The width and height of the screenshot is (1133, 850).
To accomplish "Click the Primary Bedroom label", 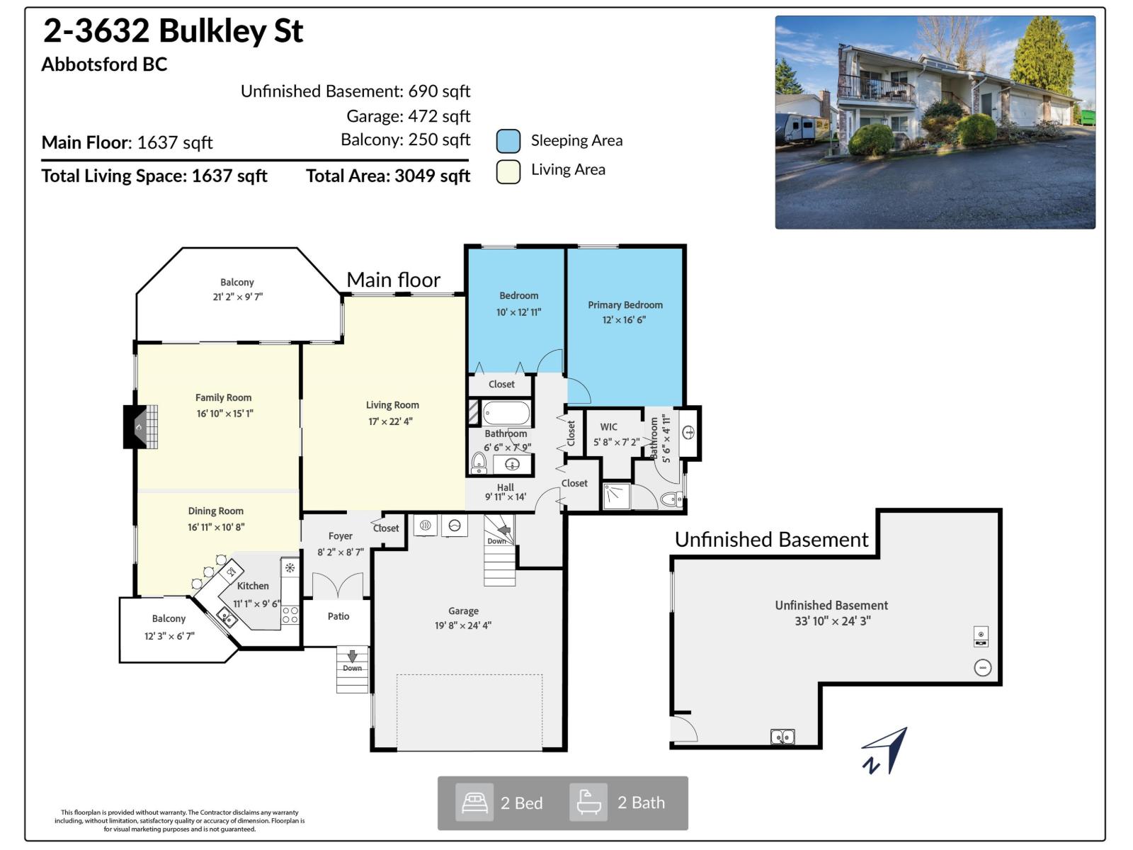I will (625, 305).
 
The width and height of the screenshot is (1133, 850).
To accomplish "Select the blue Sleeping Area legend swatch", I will (508, 141).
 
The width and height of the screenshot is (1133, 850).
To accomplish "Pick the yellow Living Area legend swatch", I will (508, 171).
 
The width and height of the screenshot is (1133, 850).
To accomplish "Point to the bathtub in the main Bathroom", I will (506, 413).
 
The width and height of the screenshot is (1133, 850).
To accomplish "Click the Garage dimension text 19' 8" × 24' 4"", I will (463, 625).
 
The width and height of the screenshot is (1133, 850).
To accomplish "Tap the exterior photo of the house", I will (935, 122).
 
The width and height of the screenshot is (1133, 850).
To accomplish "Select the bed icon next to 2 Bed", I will (474, 803).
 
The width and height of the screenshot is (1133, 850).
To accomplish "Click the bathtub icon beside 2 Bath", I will (588, 803).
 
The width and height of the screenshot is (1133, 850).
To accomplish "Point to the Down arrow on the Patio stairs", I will (352, 657).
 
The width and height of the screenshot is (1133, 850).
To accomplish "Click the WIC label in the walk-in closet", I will (609, 427).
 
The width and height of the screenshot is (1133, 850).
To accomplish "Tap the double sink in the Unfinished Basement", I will (782, 737).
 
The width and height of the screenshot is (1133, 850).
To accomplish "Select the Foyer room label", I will (341, 536).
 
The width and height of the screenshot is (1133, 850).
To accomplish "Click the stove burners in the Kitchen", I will (290, 615).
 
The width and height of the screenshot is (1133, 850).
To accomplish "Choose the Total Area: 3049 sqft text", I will (388, 176).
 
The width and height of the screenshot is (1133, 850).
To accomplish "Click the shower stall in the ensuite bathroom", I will (616, 496).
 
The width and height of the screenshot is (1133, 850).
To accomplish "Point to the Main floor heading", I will (394, 280).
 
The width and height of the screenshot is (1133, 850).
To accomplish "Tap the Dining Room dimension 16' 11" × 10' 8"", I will (216, 527).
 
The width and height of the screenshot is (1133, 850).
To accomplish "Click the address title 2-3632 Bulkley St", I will (173, 31).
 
